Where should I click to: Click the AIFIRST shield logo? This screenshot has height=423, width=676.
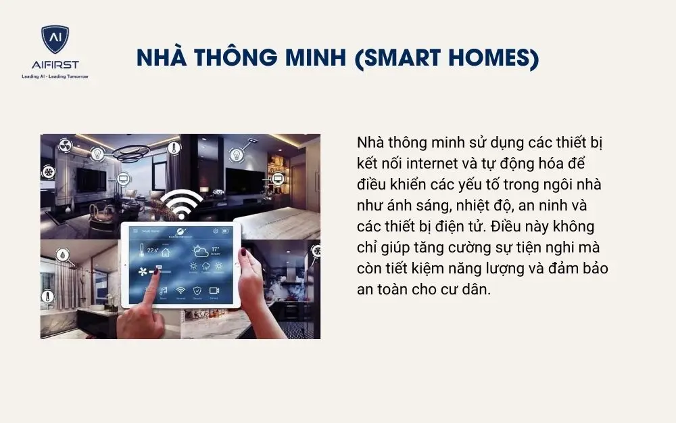coord(55,41)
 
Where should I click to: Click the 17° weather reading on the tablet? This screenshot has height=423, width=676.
coord(215,250)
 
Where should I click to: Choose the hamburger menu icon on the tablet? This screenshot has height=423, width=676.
coord(135,231)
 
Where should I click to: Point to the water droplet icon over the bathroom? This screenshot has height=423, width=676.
coord(62,257)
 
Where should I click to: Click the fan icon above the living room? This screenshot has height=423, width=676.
coord(66,146)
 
